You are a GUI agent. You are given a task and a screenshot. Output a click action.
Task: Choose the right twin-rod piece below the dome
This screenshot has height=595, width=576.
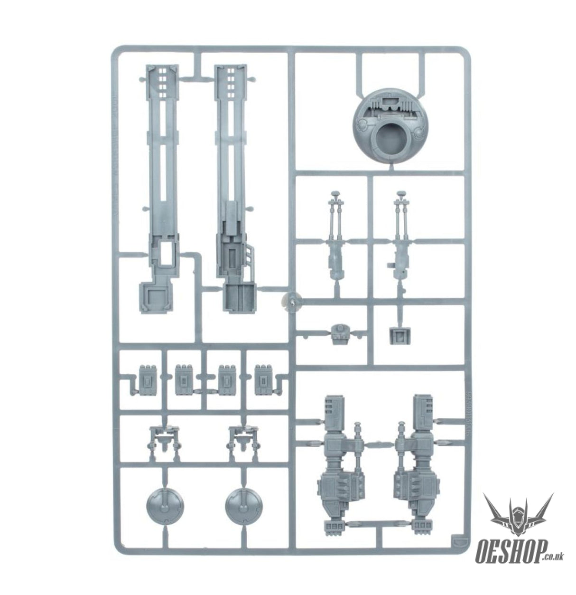401,237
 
